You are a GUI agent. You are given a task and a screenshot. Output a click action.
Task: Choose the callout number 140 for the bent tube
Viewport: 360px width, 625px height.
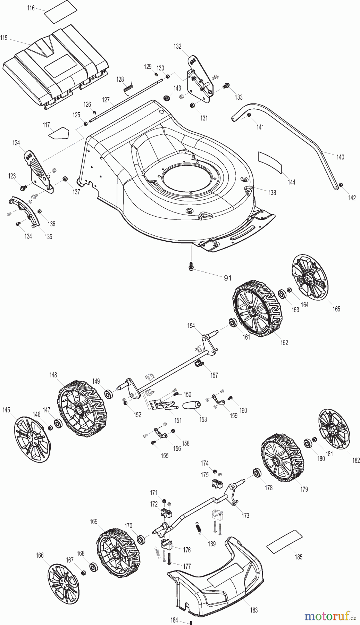340,157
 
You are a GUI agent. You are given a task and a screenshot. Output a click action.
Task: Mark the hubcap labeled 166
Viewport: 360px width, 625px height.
62,584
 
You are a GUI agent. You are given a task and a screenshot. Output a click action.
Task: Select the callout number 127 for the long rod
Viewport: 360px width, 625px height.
106,100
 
